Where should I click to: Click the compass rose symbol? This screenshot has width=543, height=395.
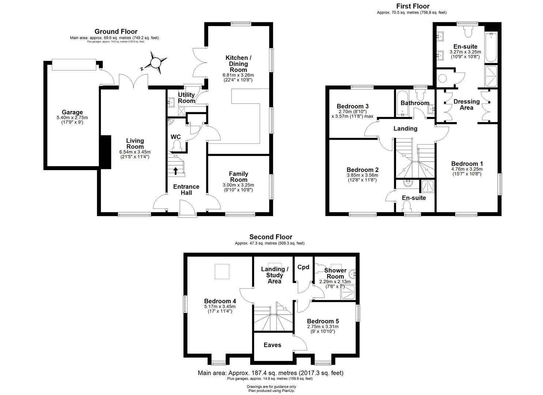[x=156, y=63]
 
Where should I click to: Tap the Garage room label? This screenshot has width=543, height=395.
[x=72, y=112]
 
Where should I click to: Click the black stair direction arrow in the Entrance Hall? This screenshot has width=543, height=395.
[x=176, y=170]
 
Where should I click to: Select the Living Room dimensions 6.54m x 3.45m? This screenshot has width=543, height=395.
[x=135, y=152]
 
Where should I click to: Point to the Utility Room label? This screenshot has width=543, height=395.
[x=186, y=98]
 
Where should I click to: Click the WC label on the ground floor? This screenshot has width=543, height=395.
[x=176, y=137]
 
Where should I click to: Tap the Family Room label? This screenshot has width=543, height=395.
[x=238, y=177]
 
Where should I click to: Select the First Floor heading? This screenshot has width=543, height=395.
[x=413, y=6]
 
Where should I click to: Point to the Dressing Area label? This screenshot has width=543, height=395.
[x=466, y=105]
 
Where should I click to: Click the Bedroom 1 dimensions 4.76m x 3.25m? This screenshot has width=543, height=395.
[x=467, y=169]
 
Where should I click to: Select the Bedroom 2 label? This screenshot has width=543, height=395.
[x=362, y=170]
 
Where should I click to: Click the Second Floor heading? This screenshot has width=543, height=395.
[x=271, y=237]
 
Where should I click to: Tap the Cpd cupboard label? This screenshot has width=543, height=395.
[x=303, y=267]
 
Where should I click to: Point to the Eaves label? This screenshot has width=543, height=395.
[x=272, y=345]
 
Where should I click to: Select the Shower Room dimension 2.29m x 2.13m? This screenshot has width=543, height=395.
[x=335, y=282]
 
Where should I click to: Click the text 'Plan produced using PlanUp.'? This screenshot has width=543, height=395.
[x=271, y=391]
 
